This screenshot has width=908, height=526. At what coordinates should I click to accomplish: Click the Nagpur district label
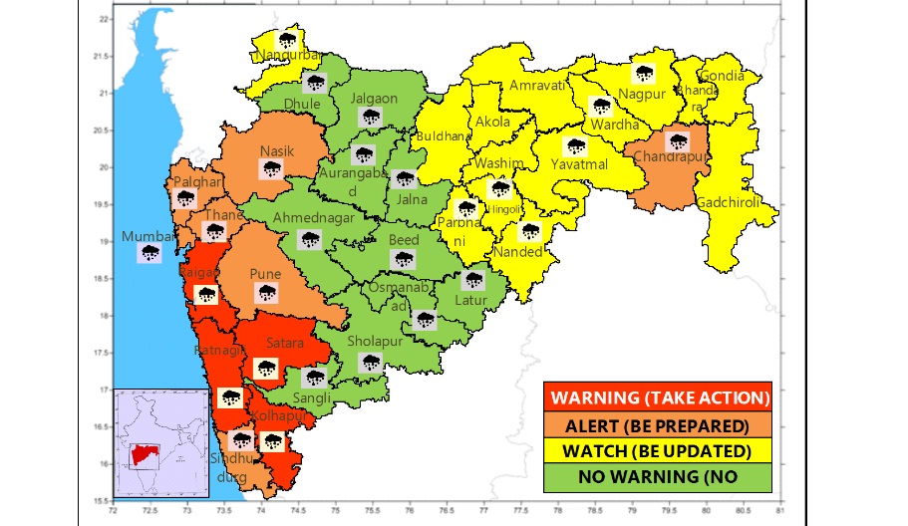pyautogui.click(x=641, y=94)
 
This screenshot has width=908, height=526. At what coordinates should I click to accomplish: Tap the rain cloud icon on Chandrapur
pyautogui.click(x=678, y=142)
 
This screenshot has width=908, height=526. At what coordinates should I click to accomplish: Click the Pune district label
pyautogui.click(x=265, y=274)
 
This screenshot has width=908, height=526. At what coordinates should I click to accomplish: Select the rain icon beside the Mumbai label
pyautogui.click(x=151, y=253)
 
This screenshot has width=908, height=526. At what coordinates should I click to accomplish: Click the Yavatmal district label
pyautogui.click(x=573, y=163)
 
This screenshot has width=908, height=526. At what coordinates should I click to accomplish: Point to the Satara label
pyautogui.click(x=284, y=344)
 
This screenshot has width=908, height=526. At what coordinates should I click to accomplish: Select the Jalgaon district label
pyautogui.click(x=374, y=99)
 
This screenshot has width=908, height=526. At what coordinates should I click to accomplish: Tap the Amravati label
pyautogui.click(x=537, y=86)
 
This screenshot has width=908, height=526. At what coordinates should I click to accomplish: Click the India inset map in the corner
pyautogui.click(x=151, y=446)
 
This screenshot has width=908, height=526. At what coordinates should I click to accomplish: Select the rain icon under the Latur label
pyautogui.click(x=473, y=281)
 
